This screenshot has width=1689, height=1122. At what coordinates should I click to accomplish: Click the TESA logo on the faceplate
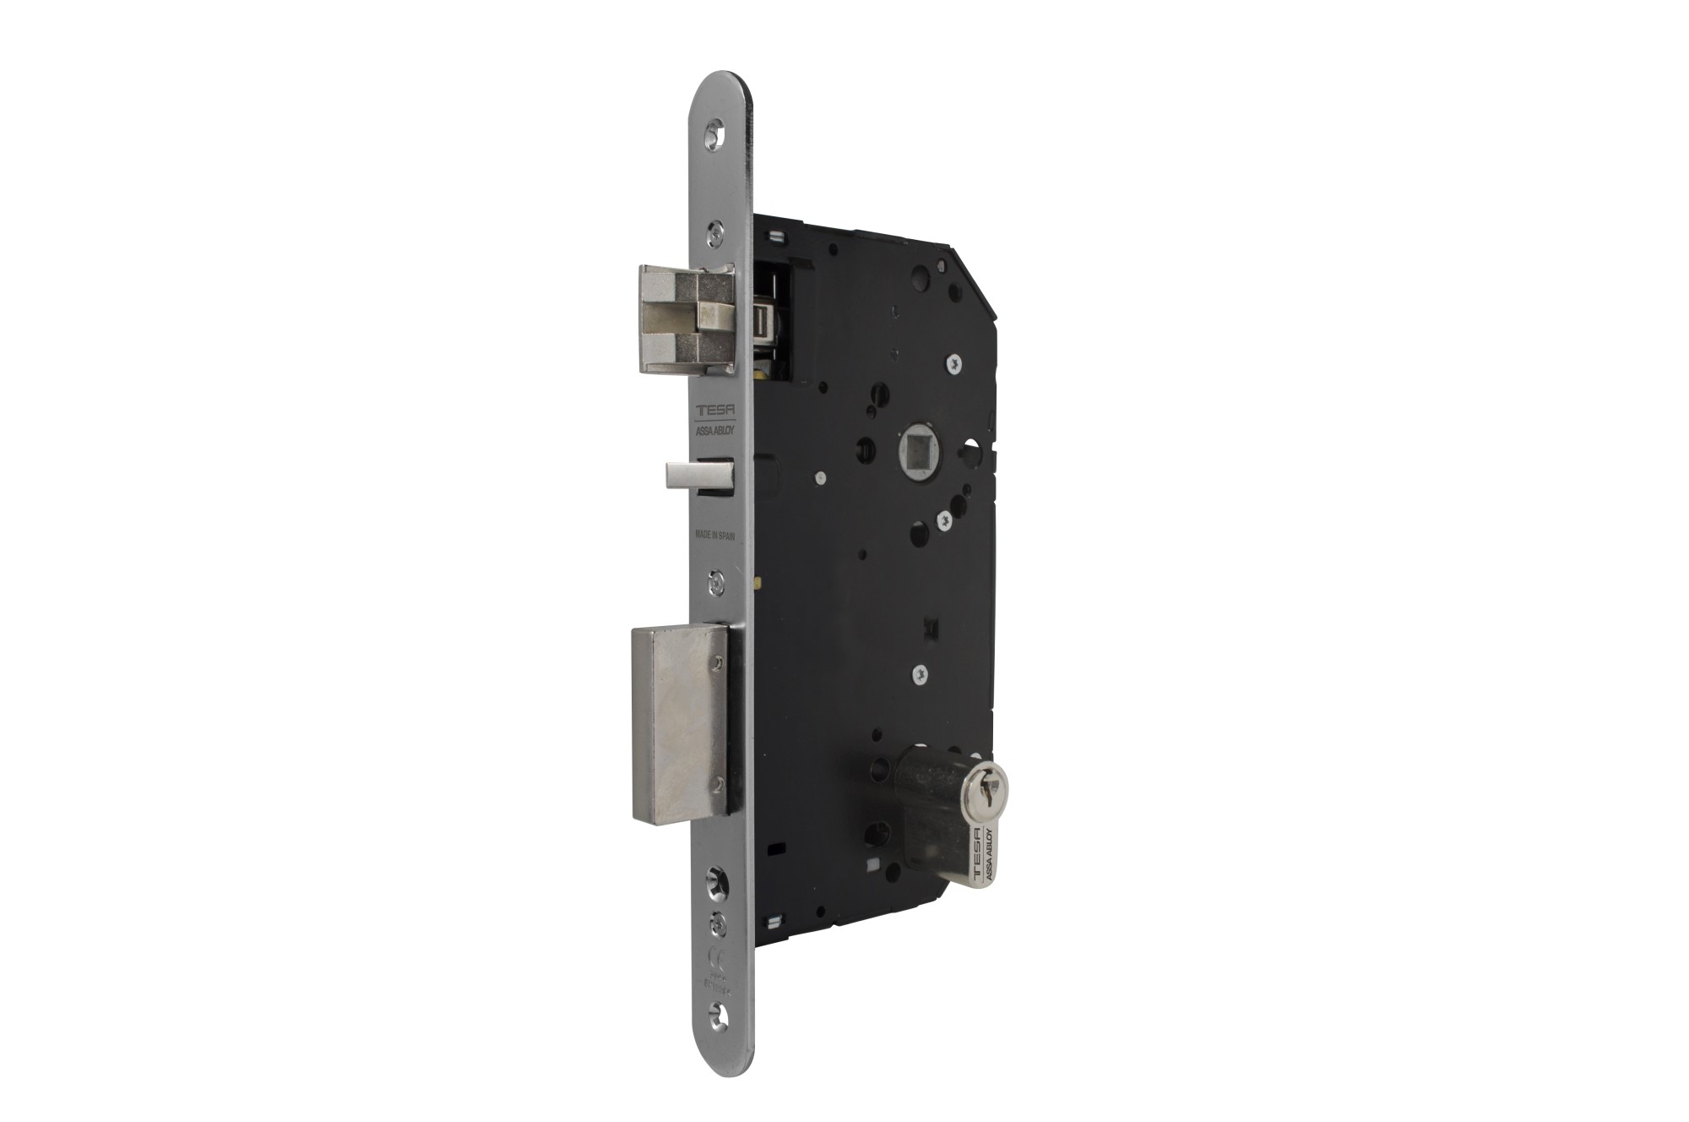point(715,411)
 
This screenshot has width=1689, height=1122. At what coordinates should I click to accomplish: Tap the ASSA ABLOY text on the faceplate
point(716,429)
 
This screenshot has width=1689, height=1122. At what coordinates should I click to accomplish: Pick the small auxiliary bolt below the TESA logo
point(698,475)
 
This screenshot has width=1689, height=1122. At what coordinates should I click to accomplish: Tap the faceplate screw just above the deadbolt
point(716,581)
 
